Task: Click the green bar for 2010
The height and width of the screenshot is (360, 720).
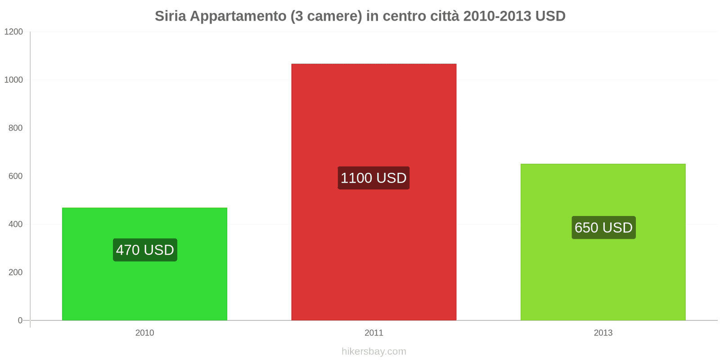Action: tap(144, 264)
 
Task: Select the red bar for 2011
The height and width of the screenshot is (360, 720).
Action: tap(374, 192)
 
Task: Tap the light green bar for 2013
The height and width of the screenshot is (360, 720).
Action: tap(603, 242)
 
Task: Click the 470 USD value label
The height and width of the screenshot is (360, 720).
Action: tap(145, 250)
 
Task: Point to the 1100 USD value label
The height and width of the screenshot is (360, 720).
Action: tap(373, 178)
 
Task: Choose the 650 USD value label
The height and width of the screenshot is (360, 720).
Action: tap(603, 228)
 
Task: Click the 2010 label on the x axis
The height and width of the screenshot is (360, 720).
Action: tap(144, 333)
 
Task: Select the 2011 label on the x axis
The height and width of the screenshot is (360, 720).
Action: tap(374, 333)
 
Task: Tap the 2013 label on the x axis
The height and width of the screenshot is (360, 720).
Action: tap(603, 333)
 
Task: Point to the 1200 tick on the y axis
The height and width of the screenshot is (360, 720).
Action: tap(13, 31)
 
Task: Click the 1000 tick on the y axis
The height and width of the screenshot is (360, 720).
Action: tap(13, 80)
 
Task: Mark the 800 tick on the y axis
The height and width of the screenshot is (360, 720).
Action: tap(15, 128)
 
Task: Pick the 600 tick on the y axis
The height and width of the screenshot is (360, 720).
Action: tap(15, 176)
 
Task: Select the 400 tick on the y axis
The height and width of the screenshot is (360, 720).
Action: tap(15, 224)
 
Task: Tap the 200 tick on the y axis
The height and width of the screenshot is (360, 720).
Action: tap(15, 272)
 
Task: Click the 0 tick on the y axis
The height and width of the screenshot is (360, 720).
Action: tap(20, 320)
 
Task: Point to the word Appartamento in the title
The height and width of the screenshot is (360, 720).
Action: tap(238, 17)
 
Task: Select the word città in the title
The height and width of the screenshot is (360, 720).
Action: tap(445, 16)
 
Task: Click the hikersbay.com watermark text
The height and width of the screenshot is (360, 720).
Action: tap(374, 351)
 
